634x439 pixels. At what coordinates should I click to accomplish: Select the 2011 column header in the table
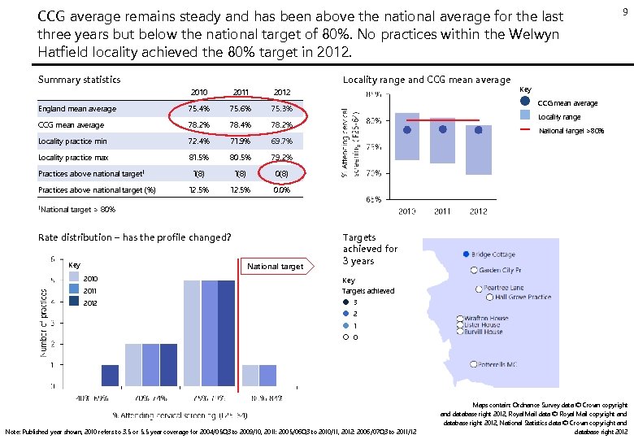click(x=241, y=92)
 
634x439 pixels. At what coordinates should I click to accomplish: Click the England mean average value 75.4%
click(x=200, y=109)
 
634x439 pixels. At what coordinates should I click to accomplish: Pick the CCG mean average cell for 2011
click(x=241, y=125)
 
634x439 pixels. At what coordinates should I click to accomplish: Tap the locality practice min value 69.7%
click(x=282, y=141)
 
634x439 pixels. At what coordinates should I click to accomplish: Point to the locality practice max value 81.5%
click(x=200, y=157)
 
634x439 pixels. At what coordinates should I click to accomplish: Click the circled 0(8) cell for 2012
click(x=282, y=173)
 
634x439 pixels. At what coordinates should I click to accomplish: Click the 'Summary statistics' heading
click(x=80, y=80)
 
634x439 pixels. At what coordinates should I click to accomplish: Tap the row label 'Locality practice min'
click(x=73, y=141)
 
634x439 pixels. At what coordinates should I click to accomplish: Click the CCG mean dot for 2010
click(x=407, y=130)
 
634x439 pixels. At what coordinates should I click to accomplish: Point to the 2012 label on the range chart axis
click(x=478, y=211)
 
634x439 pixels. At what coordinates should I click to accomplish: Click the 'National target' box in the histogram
click(x=275, y=266)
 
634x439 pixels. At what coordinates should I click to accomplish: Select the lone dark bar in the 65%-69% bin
click(x=110, y=375)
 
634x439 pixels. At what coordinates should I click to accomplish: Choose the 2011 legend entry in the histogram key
click(x=89, y=290)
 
